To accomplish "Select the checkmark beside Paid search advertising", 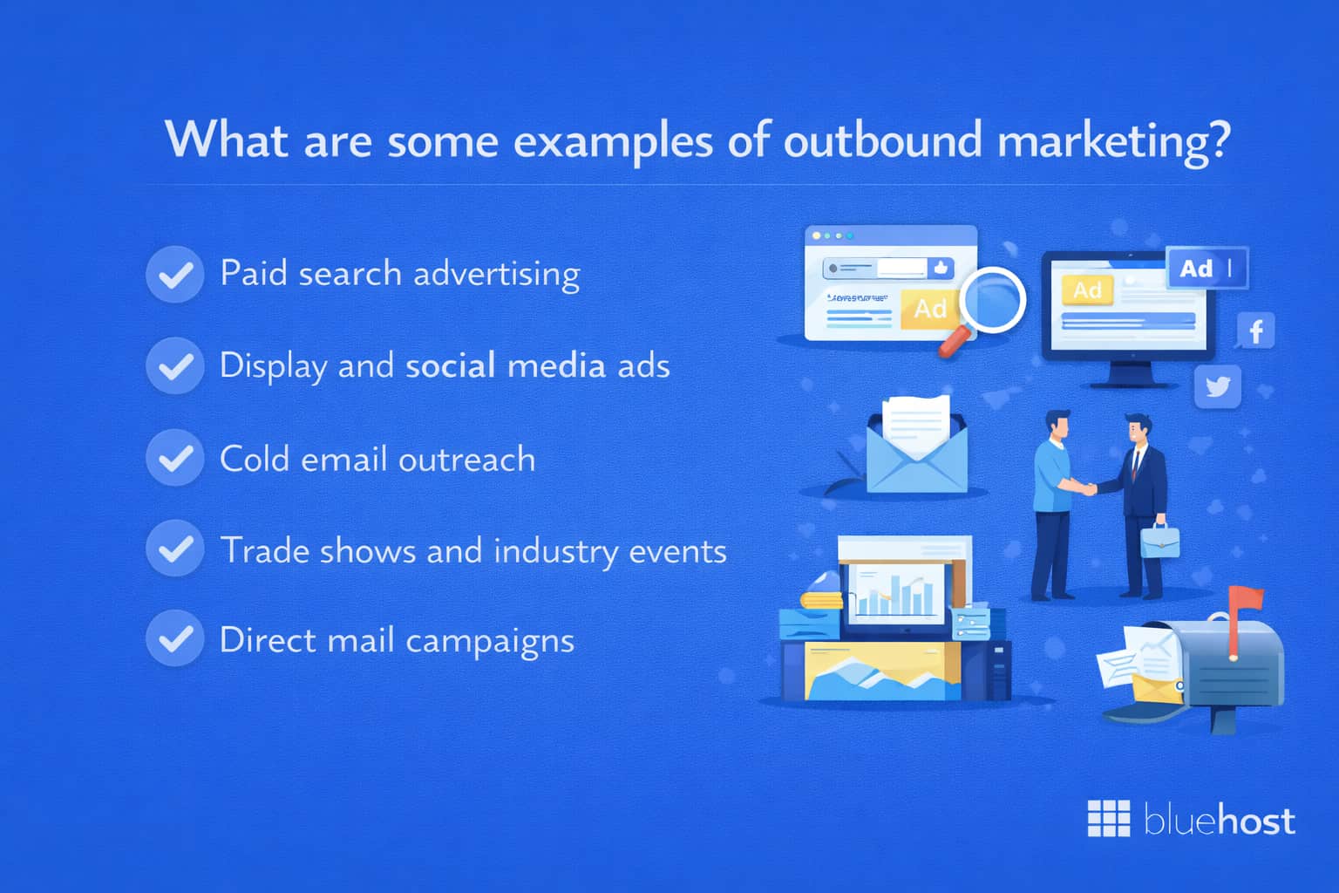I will (x=175, y=275).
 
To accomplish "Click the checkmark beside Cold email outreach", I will (x=175, y=458).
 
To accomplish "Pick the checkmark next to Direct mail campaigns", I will (x=175, y=638).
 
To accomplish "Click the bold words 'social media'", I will (x=505, y=365).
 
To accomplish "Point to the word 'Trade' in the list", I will (x=265, y=550).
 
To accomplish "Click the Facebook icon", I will (x=1256, y=331).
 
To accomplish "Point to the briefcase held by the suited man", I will (x=1159, y=539).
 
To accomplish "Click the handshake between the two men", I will (x=1086, y=488).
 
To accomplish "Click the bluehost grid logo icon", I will (x=1109, y=818).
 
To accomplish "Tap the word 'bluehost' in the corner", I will (x=1219, y=821).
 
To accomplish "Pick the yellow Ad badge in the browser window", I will (x=929, y=309).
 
